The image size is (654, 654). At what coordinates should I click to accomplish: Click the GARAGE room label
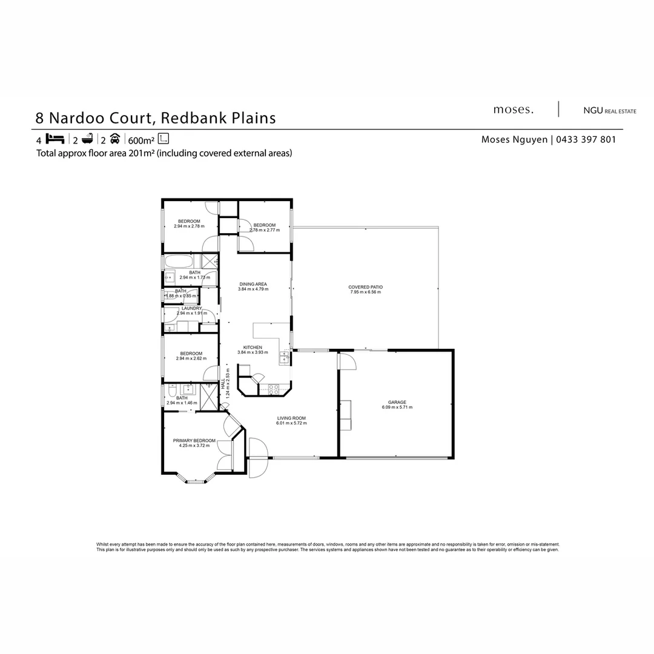pyautogui.click(x=397, y=402)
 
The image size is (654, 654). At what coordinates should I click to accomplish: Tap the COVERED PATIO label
pyautogui.click(x=365, y=287)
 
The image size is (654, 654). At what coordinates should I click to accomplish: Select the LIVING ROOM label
pyautogui.click(x=291, y=418)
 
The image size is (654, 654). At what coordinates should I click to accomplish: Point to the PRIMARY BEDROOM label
pyautogui.click(x=194, y=440)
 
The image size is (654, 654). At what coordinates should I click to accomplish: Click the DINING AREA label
pyautogui.click(x=253, y=284)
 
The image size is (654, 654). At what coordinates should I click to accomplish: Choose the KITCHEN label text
pyautogui.click(x=253, y=348)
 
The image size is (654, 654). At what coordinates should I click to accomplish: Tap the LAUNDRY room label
pyautogui.click(x=191, y=308)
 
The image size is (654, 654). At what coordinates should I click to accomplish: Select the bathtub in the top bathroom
pyautogui.click(x=179, y=262)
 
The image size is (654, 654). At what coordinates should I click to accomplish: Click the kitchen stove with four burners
pyautogui.click(x=274, y=389)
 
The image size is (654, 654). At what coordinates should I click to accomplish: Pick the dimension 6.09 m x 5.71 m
pyautogui.click(x=397, y=407)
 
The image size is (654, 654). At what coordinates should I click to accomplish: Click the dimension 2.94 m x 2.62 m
pyautogui.click(x=191, y=358)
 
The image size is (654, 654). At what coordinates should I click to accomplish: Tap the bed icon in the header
pyautogui.click(x=54, y=138)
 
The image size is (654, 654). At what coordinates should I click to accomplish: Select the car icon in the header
pyautogui.click(x=114, y=138)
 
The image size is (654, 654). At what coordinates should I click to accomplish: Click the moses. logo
pyautogui.click(x=514, y=110)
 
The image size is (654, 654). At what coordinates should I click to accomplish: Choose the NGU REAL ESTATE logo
pyautogui.click(x=609, y=111)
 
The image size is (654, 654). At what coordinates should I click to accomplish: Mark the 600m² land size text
pyautogui.click(x=141, y=139)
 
